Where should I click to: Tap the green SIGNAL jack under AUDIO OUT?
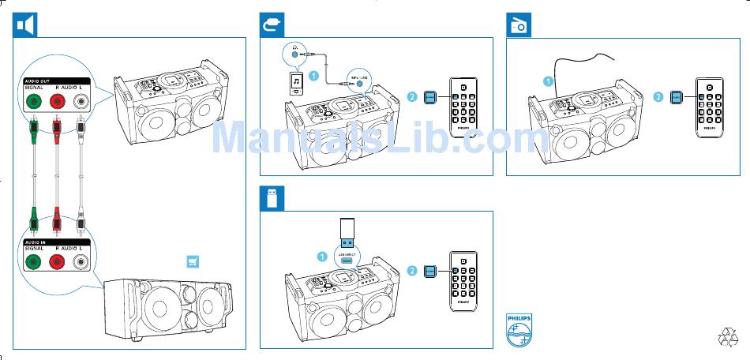(33, 101)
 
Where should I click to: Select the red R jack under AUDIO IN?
(57, 262)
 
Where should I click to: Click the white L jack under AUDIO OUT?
(81, 101)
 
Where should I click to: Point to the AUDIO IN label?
(36, 241)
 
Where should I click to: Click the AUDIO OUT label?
(38, 81)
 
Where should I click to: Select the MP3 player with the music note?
(295, 83)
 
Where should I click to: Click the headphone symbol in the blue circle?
(294, 53)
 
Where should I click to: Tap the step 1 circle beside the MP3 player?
(314, 77)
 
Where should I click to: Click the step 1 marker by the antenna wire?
(547, 81)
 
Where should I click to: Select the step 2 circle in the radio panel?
(658, 97)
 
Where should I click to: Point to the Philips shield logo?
(519, 329)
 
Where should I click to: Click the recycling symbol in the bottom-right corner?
(727, 336)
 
